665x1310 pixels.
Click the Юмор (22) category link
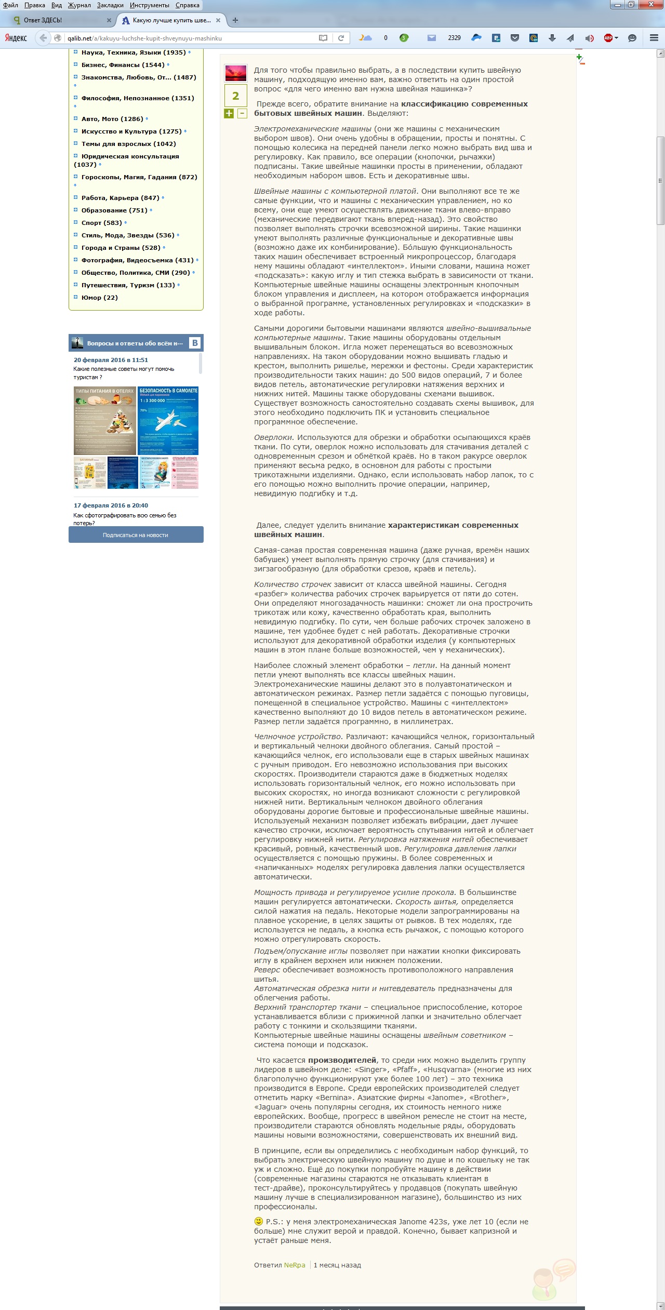click(x=99, y=298)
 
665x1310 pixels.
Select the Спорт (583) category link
click(x=101, y=223)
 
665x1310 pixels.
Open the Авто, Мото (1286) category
click(x=112, y=119)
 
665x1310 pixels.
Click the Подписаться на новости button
click(x=136, y=535)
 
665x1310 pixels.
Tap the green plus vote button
click(x=229, y=113)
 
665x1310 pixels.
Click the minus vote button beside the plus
click(x=242, y=113)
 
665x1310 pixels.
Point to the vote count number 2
click(x=235, y=96)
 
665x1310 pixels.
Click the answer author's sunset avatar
click(x=235, y=73)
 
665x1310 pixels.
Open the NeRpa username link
click(x=295, y=1265)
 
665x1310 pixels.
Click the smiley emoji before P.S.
click(x=258, y=1221)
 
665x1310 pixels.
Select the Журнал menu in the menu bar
click(x=79, y=5)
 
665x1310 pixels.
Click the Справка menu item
click(x=187, y=5)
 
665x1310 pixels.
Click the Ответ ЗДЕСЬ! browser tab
click(x=43, y=20)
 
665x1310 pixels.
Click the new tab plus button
click(x=235, y=20)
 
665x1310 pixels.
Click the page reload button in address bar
click(x=341, y=38)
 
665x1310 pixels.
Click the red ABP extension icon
click(x=608, y=38)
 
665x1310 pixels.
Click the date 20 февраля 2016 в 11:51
click(x=111, y=360)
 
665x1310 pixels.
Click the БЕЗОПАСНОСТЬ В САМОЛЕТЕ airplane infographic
click(x=168, y=421)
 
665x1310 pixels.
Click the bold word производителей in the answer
click(x=342, y=1060)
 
